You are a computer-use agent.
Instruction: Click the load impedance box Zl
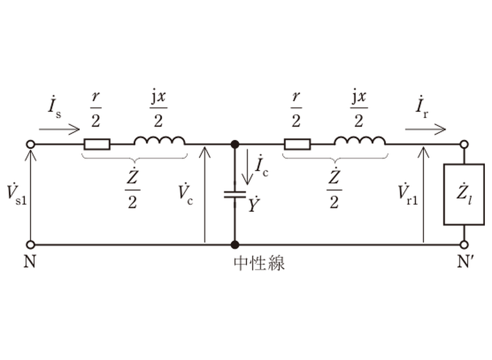[464, 195]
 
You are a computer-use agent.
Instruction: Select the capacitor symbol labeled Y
[235, 195]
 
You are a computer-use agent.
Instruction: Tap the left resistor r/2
[97, 144]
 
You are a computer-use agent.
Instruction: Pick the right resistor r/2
[297, 144]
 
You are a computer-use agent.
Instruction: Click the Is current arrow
[59, 129]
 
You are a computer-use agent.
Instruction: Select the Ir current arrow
[425, 129]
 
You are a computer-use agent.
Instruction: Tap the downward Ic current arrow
[247, 167]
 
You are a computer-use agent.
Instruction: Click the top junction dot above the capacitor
[235, 144]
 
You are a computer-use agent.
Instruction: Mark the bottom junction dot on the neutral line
[235, 244]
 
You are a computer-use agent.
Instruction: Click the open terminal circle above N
[31, 244]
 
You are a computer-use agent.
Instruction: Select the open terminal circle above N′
[464, 244]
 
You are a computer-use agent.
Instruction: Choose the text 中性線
[259, 263]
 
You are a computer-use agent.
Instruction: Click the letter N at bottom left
[30, 262]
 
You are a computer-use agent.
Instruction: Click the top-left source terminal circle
[31, 144]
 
